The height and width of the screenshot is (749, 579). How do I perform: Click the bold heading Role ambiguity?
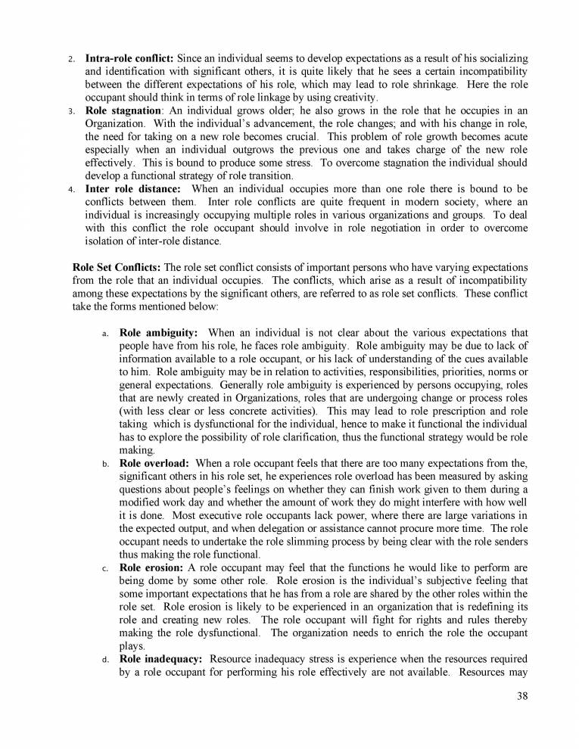(159, 332)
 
